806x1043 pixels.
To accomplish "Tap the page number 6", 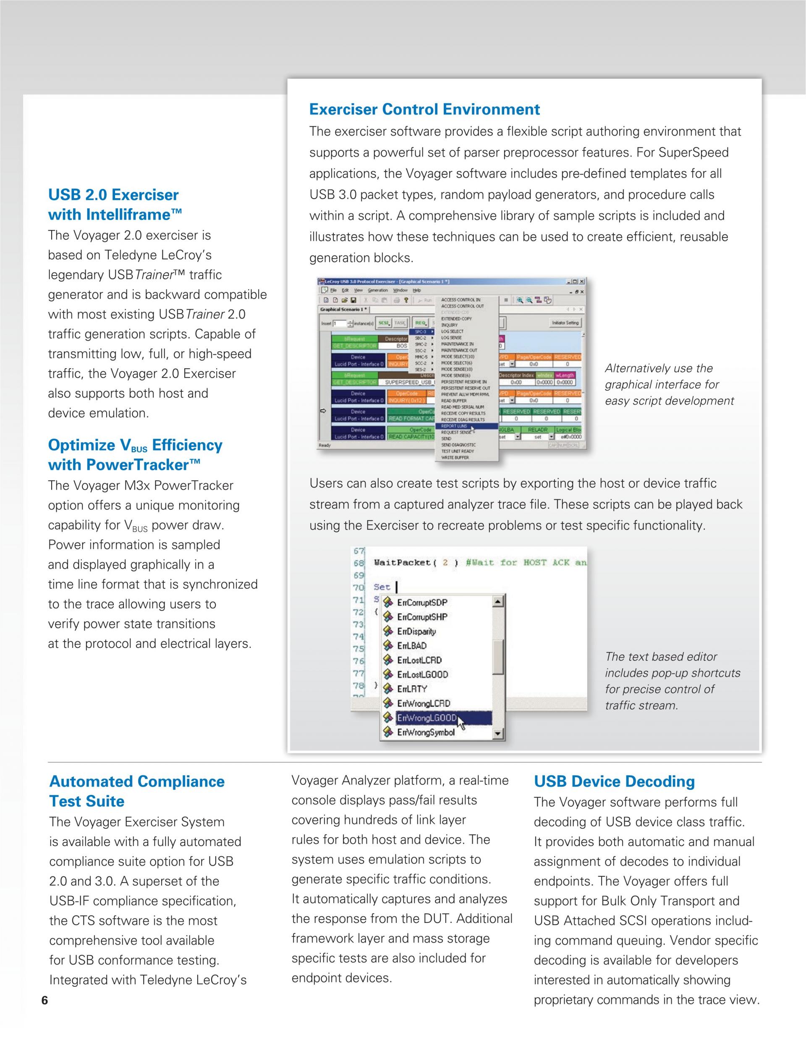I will [45, 1001].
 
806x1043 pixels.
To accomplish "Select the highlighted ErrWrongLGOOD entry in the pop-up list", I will [427, 718].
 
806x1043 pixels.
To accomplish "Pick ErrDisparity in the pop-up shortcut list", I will [416, 632].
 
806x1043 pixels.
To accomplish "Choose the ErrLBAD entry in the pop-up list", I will [411, 646].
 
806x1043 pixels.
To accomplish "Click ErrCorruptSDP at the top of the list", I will [422, 603].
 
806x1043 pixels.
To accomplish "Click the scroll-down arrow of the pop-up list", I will [498, 733].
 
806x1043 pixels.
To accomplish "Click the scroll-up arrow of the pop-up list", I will [498, 602].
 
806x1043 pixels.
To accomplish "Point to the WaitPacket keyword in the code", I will [402, 563].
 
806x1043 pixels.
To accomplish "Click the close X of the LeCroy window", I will [581, 282].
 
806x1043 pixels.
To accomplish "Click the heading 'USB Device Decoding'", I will [614, 782].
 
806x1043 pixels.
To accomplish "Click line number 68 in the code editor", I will [359, 563].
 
